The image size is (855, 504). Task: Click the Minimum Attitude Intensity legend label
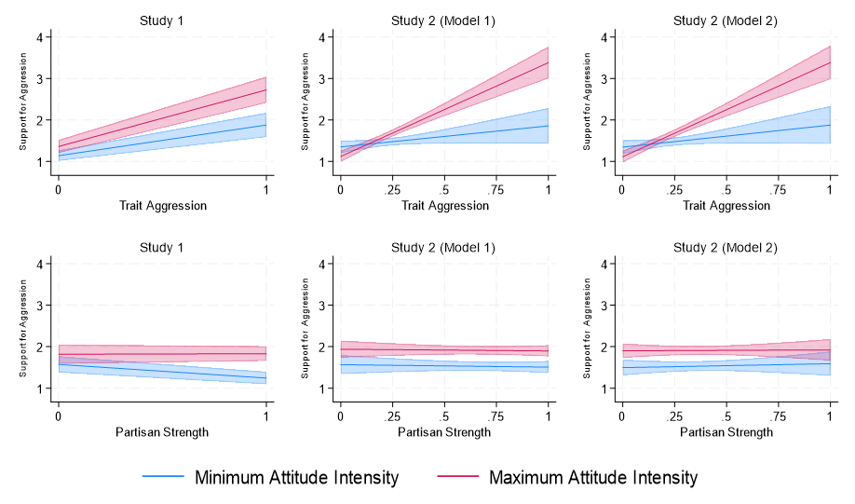(x=296, y=478)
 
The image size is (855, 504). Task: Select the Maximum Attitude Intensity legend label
(x=592, y=478)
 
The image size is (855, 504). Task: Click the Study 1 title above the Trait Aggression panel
(x=162, y=20)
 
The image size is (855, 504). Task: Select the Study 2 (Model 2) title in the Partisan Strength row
(x=725, y=248)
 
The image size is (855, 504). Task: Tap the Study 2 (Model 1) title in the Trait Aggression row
(x=444, y=20)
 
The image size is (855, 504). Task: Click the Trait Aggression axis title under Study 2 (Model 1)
(x=444, y=205)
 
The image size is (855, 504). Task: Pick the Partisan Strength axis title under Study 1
(x=162, y=432)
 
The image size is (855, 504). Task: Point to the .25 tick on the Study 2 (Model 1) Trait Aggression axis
(x=392, y=189)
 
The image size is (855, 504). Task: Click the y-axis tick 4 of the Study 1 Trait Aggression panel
(x=39, y=37)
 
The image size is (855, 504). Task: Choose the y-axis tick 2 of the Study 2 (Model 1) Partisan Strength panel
(x=321, y=347)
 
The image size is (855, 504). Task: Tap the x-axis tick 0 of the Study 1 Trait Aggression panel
(x=59, y=189)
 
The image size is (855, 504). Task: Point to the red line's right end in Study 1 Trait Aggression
(x=266, y=90)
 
